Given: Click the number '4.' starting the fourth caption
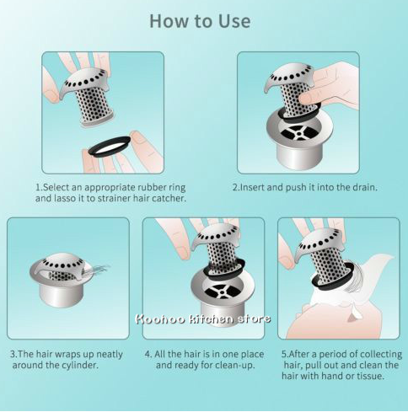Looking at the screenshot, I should [148, 355].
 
